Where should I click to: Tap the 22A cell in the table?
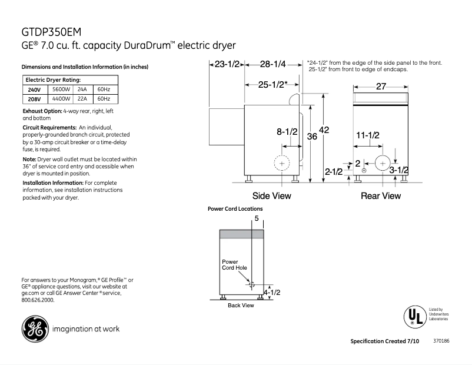[x=82, y=99]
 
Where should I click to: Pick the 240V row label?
[x=35, y=90]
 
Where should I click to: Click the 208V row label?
[x=35, y=99]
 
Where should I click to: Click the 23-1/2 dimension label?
[x=227, y=64]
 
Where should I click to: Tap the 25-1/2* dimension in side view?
[x=273, y=84]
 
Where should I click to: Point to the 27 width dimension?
[x=380, y=87]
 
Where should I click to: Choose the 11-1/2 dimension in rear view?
[x=368, y=135]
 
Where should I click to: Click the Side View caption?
[x=271, y=195]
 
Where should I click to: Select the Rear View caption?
[x=380, y=195]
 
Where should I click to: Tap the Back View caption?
[x=241, y=306]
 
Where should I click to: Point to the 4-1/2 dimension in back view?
[x=271, y=291]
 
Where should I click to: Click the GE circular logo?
[x=35, y=329]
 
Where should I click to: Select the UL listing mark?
[x=413, y=316]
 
